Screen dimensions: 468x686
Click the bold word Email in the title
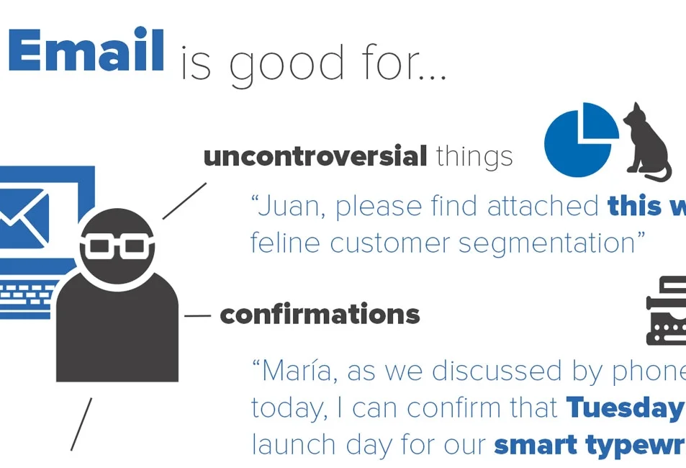click(x=86, y=50)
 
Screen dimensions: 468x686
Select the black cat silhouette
click(x=646, y=142)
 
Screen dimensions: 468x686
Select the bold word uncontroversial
click(x=315, y=156)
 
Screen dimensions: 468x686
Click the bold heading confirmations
click(x=320, y=315)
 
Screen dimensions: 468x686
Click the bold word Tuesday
click(x=623, y=408)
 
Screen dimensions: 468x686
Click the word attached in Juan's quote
click(x=543, y=207)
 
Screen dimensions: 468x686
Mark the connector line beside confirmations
click(x=197, y=315)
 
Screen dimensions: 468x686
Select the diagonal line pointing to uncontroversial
click(x=184, y=201)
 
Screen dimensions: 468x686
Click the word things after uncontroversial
click(x=474, y=156)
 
